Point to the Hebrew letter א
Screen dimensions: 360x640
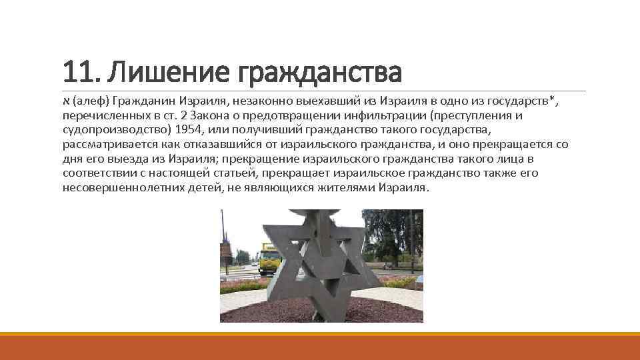(66, 101)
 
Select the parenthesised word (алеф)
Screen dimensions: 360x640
(90, 101)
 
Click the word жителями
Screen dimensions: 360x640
(343, 188)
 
